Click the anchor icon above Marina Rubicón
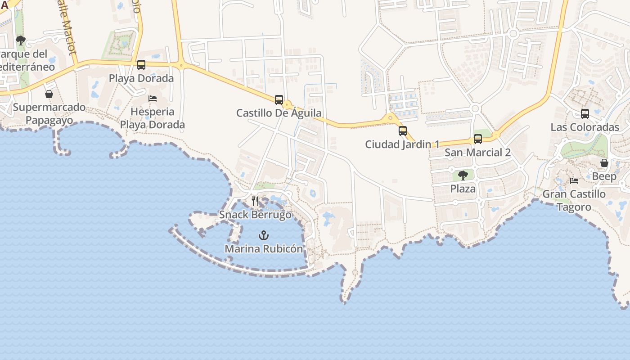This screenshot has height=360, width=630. coord(263,235)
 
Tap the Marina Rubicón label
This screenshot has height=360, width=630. coord(264,248)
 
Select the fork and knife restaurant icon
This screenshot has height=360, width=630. coord(255,201)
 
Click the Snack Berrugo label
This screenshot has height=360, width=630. coord(255,215)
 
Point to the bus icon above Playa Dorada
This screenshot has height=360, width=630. coord(141,65)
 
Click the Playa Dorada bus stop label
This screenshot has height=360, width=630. coord(141,78)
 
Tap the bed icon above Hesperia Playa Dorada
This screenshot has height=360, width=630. coord(153,98)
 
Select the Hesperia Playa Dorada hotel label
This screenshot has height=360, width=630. coord(153,118)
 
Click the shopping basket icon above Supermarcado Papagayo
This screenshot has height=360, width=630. coord(49,94)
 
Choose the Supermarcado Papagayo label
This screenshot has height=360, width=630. coord(49,113)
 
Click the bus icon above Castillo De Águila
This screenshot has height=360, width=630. coord(279,99)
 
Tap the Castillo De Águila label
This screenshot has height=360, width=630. coord(279,113)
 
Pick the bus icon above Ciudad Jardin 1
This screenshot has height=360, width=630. coord(403,131)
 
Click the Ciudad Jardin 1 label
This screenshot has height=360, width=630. coord(402,144)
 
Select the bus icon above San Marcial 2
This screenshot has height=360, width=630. coord(478,139)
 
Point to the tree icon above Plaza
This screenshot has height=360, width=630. coord(463,175)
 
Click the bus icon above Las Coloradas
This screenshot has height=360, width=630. coord(585,114)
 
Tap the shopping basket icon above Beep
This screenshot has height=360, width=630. coord(604,163)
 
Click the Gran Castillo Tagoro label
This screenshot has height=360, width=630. coord(574,200)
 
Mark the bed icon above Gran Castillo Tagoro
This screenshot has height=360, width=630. coord(574,181)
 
